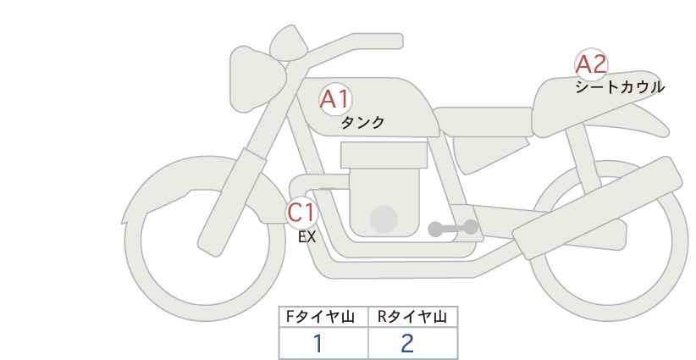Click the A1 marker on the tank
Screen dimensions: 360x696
click(x=334, y=100)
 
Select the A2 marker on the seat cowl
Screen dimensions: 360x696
click(x=591, y=64)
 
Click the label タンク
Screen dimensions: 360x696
click(x=362, y=123)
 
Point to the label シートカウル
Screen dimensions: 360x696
click(x=620, y=86)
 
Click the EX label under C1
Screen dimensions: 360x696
click(x=307, y=237)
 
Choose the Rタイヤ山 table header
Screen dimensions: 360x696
click(x=412, y=317)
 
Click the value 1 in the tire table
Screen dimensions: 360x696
click(x=318, y=343)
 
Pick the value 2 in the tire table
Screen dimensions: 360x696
click(x=407, y=343)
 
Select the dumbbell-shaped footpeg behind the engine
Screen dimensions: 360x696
click(x=452, y=228)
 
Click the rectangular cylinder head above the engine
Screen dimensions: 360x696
click(x=383, y=155)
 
